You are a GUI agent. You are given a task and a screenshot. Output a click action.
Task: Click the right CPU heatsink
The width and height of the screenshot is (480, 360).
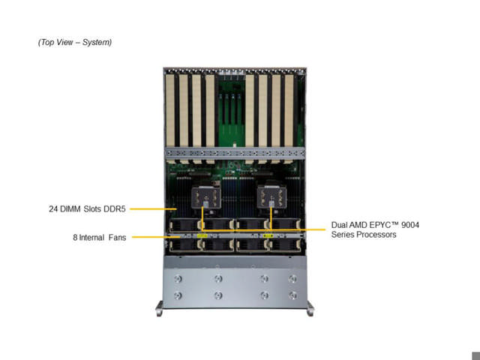pos(268,198)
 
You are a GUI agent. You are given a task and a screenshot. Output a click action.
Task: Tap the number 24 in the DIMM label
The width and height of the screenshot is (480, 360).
pos(45,208)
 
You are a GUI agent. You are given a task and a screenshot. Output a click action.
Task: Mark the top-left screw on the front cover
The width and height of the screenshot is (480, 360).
pos(178,279)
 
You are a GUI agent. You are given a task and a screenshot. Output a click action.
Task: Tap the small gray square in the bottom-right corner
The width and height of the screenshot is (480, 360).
pos(475,355)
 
